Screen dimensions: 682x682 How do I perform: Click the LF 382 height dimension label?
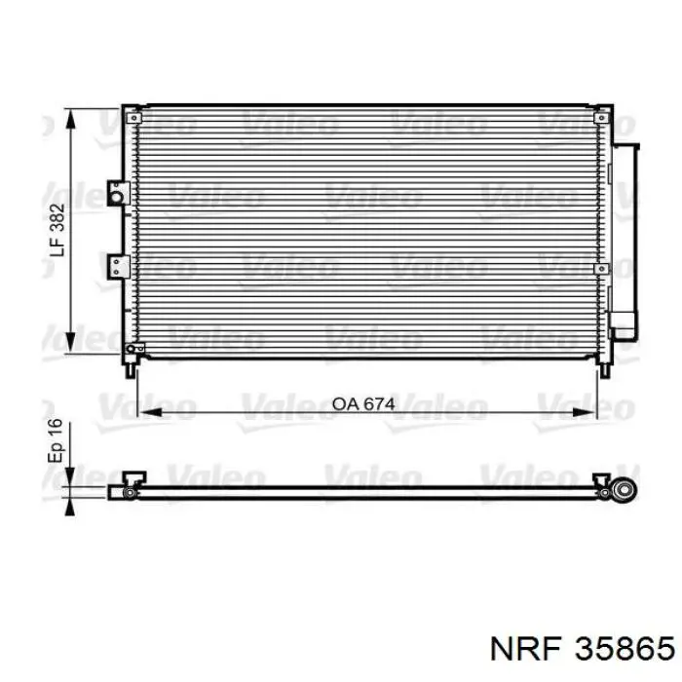coord(57,230)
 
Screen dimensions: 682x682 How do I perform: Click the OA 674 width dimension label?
coord(363,404)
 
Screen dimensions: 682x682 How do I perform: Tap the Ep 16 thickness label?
coord(56,440)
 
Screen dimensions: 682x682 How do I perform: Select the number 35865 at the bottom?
coord(625,649)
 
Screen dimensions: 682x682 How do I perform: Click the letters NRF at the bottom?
coord(526,649)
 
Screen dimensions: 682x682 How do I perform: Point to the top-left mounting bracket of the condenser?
coord(134,118)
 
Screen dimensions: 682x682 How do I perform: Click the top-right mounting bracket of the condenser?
coord(601,118)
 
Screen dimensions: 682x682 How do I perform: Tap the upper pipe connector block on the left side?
coord(118,194)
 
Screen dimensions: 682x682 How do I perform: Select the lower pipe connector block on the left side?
coord(118,266)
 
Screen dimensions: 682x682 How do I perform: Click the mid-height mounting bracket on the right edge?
coord(601,269)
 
